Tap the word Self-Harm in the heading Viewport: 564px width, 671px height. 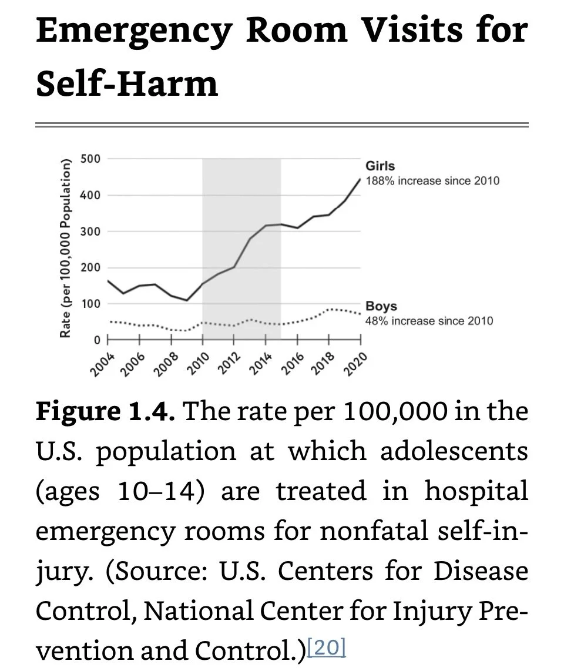click(127, 83)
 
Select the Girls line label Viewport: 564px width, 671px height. click(380, 166)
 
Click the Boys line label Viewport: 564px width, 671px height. click(381, 306)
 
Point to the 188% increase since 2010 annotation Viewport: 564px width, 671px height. click(432, 180)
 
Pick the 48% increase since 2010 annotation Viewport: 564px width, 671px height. click(429, 321)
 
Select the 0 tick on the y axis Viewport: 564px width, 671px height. click(98, 340)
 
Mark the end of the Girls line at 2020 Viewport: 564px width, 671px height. click(360, 179)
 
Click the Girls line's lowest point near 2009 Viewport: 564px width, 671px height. click(187, 300)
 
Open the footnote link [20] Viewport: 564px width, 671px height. click(326, 648)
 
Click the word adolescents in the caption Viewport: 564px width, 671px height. click(454, 451)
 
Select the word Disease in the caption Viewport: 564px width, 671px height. click(481, 571)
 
